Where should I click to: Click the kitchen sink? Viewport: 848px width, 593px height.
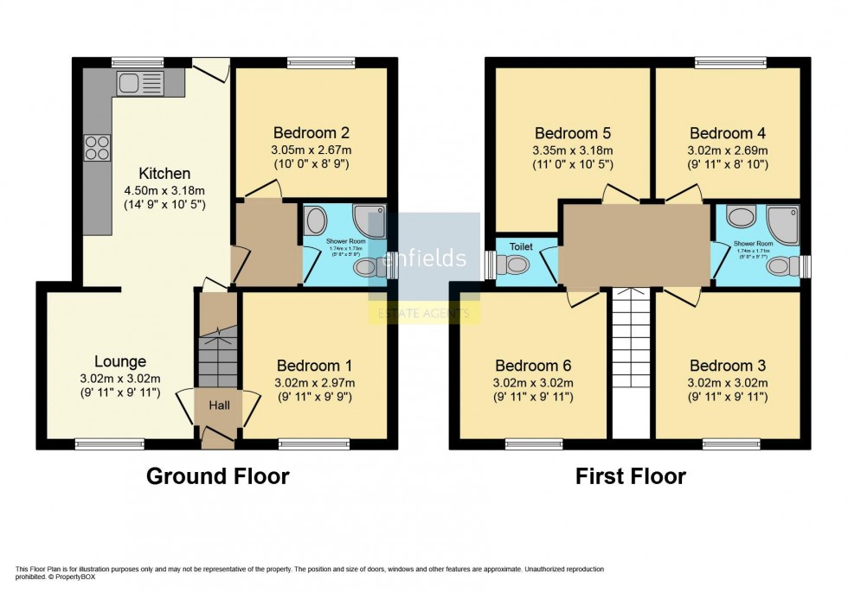(x=139, y=83)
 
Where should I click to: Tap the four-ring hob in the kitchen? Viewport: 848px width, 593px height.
(x=96, y=148)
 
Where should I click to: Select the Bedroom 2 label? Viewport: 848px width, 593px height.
(x=311, y=133)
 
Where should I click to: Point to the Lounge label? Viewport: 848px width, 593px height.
(x=120, y=361)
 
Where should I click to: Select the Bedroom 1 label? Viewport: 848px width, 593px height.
(x=313, y=366)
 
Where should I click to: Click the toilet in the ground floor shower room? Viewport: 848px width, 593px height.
(x=367, y=269)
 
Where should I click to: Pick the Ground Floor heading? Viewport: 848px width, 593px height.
(x=217, y=475)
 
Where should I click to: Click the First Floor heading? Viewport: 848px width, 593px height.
(x=631, y=475)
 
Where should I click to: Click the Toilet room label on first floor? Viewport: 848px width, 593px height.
(x=521, y=246)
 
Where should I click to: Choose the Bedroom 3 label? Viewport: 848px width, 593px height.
(x=727, y=366)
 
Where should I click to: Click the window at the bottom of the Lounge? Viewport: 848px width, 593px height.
(x=98, y=444)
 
